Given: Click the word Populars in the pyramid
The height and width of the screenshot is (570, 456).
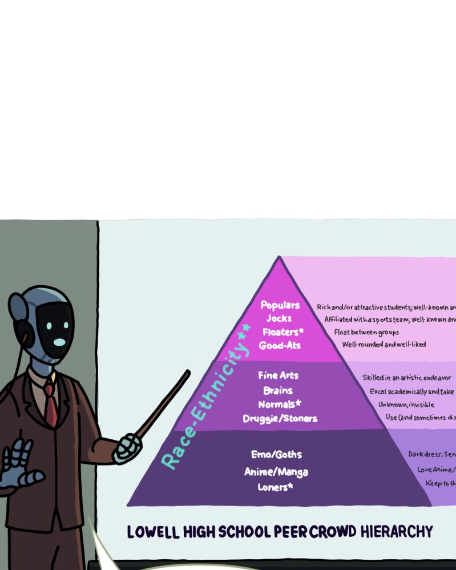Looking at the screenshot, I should click(280, 305).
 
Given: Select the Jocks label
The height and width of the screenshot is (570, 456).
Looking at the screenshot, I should click(279, 318).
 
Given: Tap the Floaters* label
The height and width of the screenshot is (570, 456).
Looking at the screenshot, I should click(283, 332).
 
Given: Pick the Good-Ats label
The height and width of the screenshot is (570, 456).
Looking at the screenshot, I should click(280, 345).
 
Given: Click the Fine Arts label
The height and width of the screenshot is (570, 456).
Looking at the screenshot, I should click(278, 375).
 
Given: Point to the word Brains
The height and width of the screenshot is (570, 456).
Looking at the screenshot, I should click(278, 390).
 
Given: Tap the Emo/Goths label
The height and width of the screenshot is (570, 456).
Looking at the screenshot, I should click(276, 455).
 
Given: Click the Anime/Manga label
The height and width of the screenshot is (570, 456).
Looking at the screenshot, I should click(276, 472).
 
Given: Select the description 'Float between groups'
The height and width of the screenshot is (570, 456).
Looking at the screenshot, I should click(366, 332).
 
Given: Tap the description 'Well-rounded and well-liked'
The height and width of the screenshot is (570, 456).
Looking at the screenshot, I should click(384, 345).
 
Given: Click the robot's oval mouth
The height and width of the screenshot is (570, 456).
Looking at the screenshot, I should click(59, 342).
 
